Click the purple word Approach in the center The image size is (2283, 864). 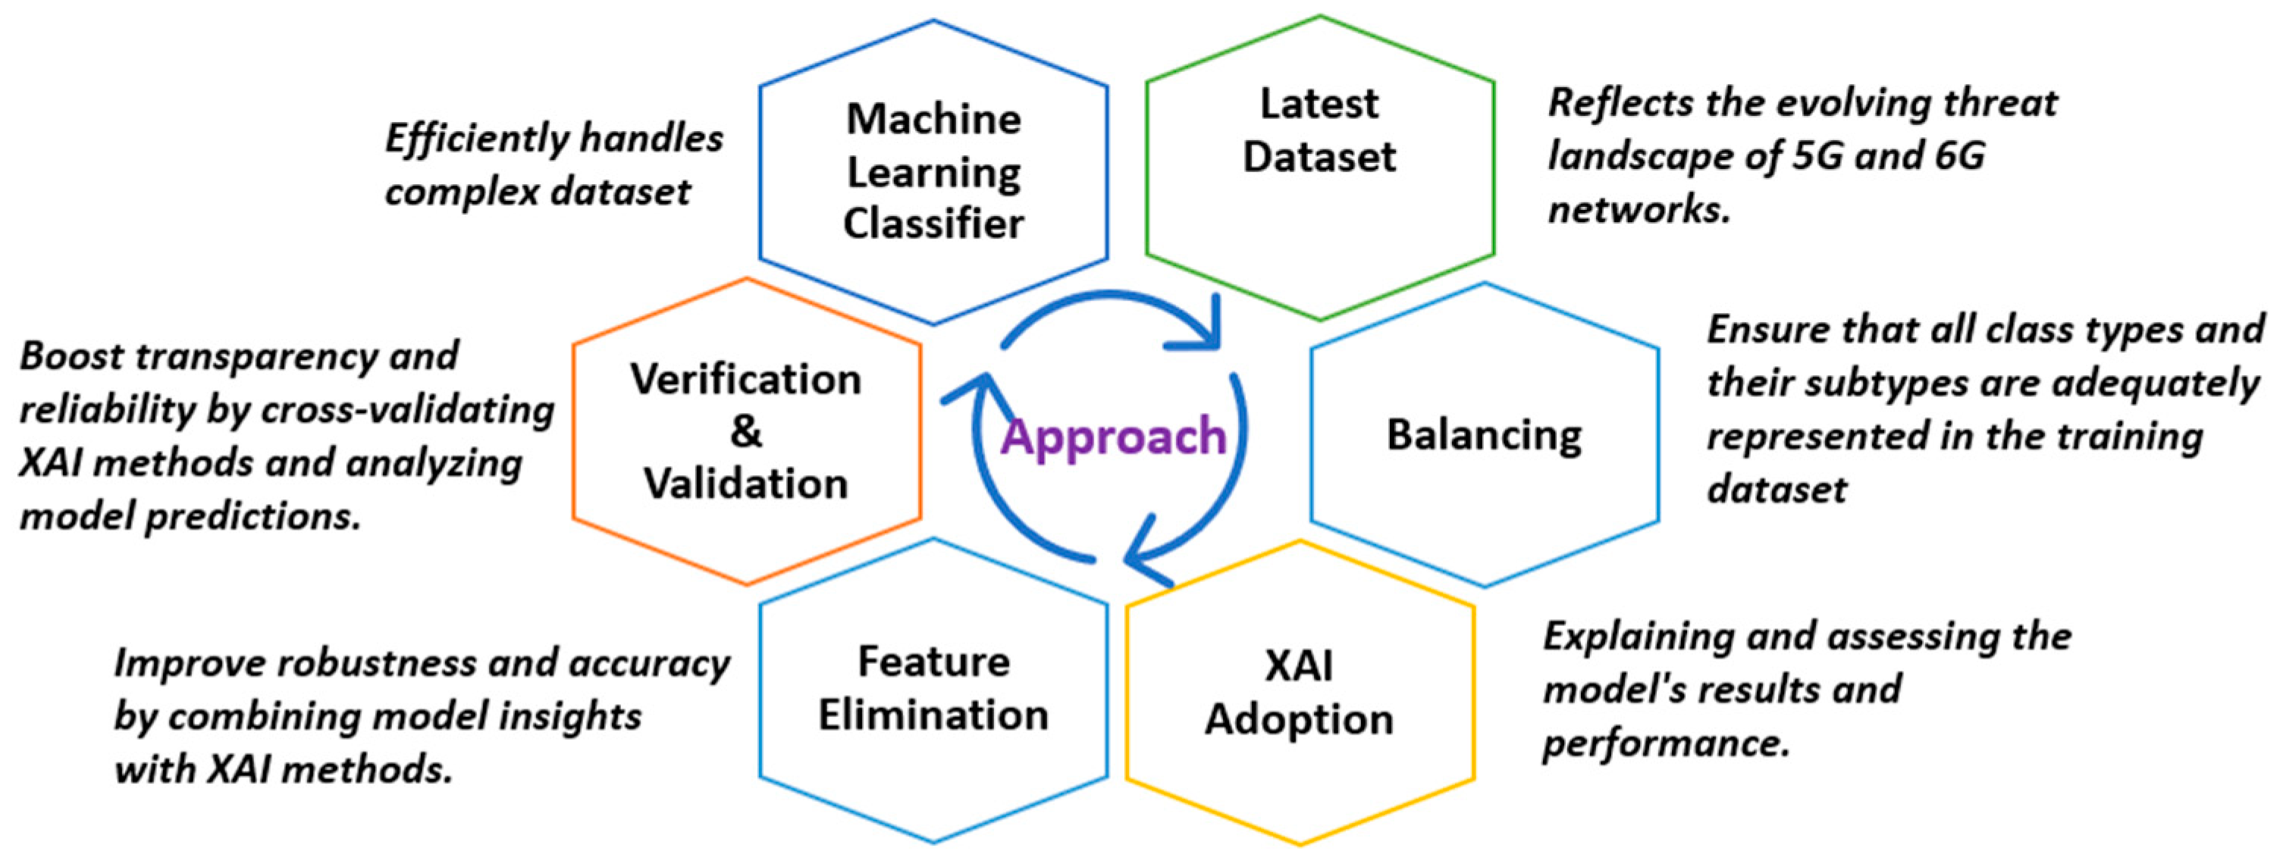(1113, 437)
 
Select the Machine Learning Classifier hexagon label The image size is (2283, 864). (933, 171)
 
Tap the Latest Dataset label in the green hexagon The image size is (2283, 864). (1319, 130)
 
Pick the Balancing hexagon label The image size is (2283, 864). (1484, 435)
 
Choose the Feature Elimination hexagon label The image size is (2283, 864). (933, 688)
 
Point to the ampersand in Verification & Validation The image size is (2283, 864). (746, 431)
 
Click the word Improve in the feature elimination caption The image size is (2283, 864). (188, 663)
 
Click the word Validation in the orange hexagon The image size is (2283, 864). (746, 484)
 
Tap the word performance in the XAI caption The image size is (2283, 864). (1664, 743)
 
